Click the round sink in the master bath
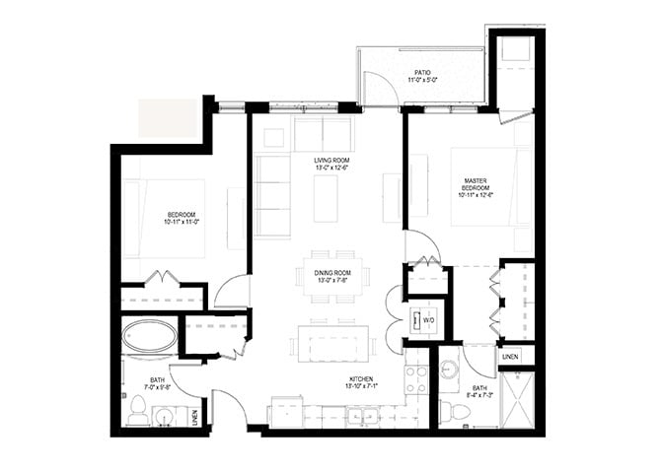coord(450,369)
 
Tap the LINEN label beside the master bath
coord(510,357)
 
